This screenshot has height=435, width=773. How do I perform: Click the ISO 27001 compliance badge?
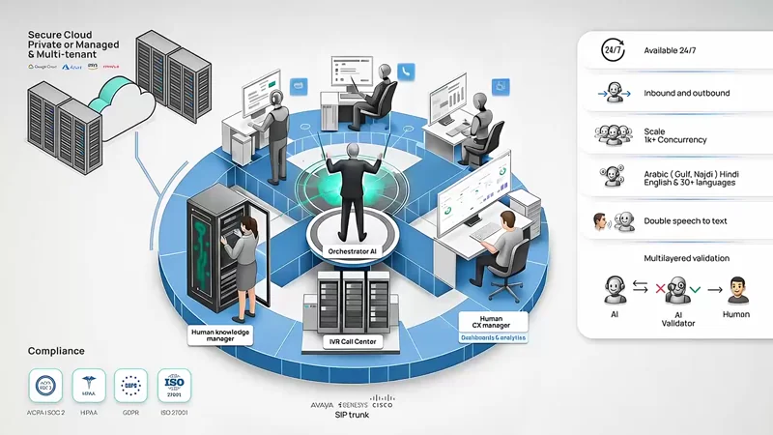(174, 385)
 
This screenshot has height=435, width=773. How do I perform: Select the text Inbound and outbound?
(687, 94)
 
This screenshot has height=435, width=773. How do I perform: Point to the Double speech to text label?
(694, 220)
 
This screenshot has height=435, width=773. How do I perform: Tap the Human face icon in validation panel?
(739, 289)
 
